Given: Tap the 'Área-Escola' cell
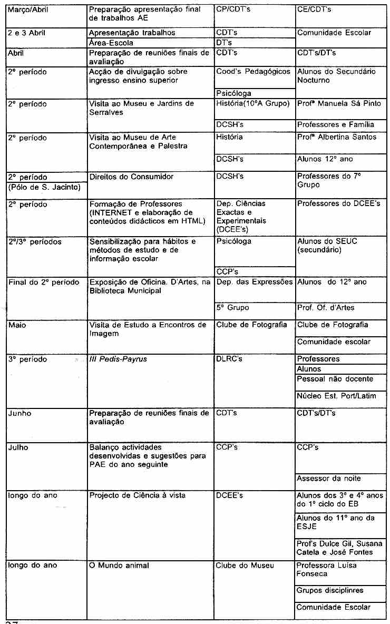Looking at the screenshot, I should click(x=111, y=43).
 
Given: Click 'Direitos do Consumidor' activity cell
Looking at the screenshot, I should click(x=131, y=177).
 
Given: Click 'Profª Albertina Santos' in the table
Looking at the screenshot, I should click(x=337, y=137).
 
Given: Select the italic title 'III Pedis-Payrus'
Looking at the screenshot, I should click(x=118, y=359).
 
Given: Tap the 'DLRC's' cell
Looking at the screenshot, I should click(x=230, y=359).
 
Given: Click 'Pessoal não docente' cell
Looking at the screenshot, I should click(x=335, y=378).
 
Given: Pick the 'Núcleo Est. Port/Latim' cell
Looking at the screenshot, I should click(x=337, y=395).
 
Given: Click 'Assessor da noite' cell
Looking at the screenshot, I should click(x=329, y=479).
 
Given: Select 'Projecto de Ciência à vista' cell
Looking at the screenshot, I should click(x=138, y=495).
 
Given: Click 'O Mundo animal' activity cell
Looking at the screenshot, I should click(x=119, y=565).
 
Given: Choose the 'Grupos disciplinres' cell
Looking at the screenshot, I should click(x=330, y=590).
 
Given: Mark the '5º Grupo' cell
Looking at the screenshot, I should click(x=233, y=307).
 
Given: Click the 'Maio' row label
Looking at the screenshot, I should click(x=17, y=325).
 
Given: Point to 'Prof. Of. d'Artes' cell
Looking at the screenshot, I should click(x=326, y=307).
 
